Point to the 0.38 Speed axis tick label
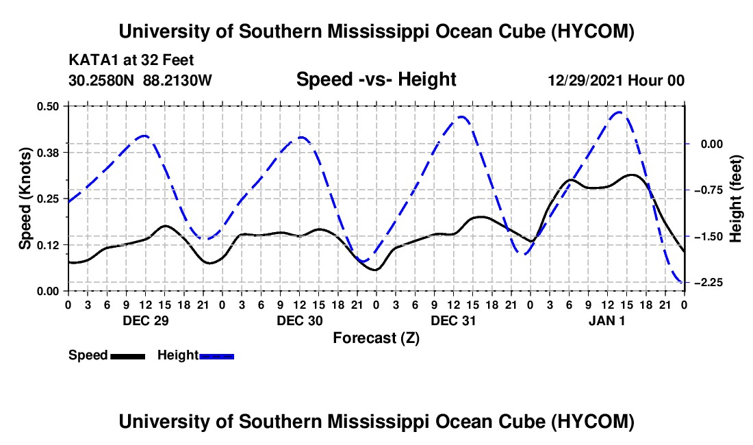pos(47,153)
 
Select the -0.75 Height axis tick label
pos(709,190)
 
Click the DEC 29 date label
pos(146,320)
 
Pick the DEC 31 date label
pos(453,320)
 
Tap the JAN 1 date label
pos(607,320)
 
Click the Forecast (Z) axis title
pos(376,338)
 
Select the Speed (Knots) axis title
pos(25,199)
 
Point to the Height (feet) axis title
pos(735,199)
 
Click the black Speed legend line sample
pos(128,357)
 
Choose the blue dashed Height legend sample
pos(216,357)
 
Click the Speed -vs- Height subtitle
pos(376,79)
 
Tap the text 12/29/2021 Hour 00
pos(616,80)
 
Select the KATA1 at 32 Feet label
pos(131,60)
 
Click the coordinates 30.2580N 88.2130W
pos(140,80)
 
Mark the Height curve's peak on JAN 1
pos(619,112)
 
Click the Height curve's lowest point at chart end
pos(683,282)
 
